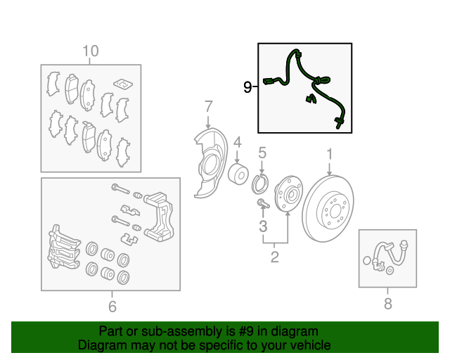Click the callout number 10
click(91, 51)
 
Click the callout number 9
click(247, 87)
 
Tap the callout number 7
click(208, 107)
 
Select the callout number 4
click(238, 143)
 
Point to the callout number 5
click(262, 153)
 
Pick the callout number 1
click(329, 154)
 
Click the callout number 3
click(263, 226)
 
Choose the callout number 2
click(275, 257)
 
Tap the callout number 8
click(387, 304)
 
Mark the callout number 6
click(112, 306)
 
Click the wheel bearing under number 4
click(238, 175)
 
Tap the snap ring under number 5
click(261, 185)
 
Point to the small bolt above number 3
click(262, 205)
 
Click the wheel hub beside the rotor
click(287, 193)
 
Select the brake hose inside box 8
click(386, 254)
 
